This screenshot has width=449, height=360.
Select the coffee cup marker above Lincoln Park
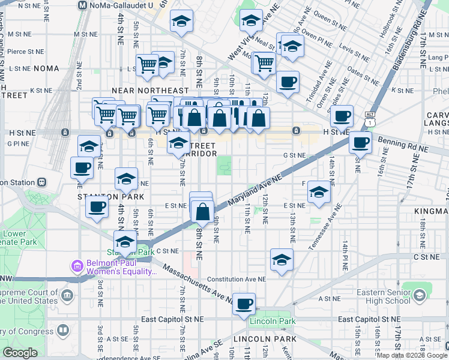click(x=244, y=304)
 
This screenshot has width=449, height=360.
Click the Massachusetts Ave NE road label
click(x=197, y=283)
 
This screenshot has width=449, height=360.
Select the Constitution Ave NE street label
click(x=236, y=280)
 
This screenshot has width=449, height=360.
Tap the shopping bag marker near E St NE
click(x=203, y=211)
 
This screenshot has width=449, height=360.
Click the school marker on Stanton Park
click(x=125, y=242)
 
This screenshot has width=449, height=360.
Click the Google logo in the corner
click(x=20, y=353)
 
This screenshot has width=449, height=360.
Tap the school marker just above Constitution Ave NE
click(x=282, y=260)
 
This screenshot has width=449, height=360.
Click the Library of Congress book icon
click(x=63, y=331)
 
